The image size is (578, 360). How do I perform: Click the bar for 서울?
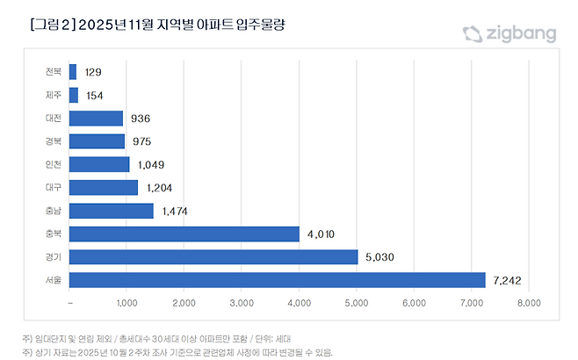[277, 279]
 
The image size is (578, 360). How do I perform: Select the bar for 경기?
[213, 256]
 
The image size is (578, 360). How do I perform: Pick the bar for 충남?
[111, 211]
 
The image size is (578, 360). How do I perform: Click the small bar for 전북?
[72, 72]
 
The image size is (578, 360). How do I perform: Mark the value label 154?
[96, 95]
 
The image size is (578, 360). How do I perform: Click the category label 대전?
[53, 118]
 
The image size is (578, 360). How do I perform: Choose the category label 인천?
[53, 164]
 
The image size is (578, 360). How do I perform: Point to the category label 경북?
[53, 141]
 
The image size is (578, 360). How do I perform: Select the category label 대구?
[53, 187]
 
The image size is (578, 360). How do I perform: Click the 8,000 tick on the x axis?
[528, 303]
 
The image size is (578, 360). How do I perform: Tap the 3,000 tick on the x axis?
[242, 303]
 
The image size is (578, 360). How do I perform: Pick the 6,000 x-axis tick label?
[414, 303]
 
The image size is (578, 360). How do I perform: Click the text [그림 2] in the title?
[52, 25]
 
